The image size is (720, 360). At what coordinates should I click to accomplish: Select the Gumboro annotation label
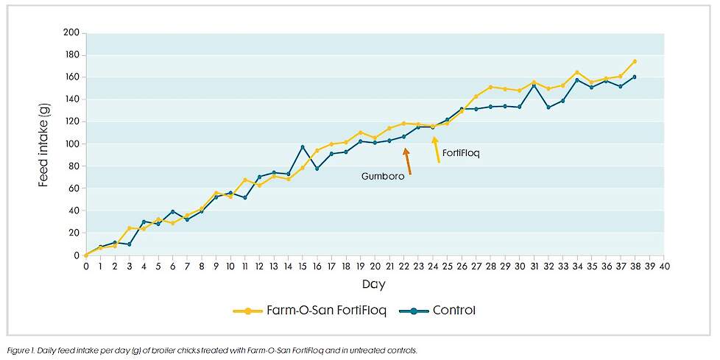coord(382,177)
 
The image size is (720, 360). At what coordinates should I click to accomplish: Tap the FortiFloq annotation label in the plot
coord(462,153)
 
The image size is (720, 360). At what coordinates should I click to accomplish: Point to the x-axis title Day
coord(374,283)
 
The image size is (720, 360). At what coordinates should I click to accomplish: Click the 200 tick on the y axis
coord(71,32)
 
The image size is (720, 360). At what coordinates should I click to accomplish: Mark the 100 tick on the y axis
coord(71,144)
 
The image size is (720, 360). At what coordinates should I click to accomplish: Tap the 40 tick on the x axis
coord(663,266)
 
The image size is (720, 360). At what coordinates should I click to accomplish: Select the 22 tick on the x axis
coord(403,266)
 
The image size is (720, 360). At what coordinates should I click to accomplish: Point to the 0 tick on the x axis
coord(86,266)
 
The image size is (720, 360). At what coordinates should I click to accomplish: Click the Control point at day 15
coord(303,147)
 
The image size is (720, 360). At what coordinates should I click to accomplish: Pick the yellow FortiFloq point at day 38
coord(635,61)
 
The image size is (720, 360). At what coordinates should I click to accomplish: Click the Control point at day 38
coord(635,77)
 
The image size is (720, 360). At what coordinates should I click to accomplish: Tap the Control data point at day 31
coord(534,85)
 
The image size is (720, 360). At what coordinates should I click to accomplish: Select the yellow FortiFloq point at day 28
coord(490,87)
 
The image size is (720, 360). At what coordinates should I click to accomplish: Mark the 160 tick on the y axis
coord(71,77)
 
